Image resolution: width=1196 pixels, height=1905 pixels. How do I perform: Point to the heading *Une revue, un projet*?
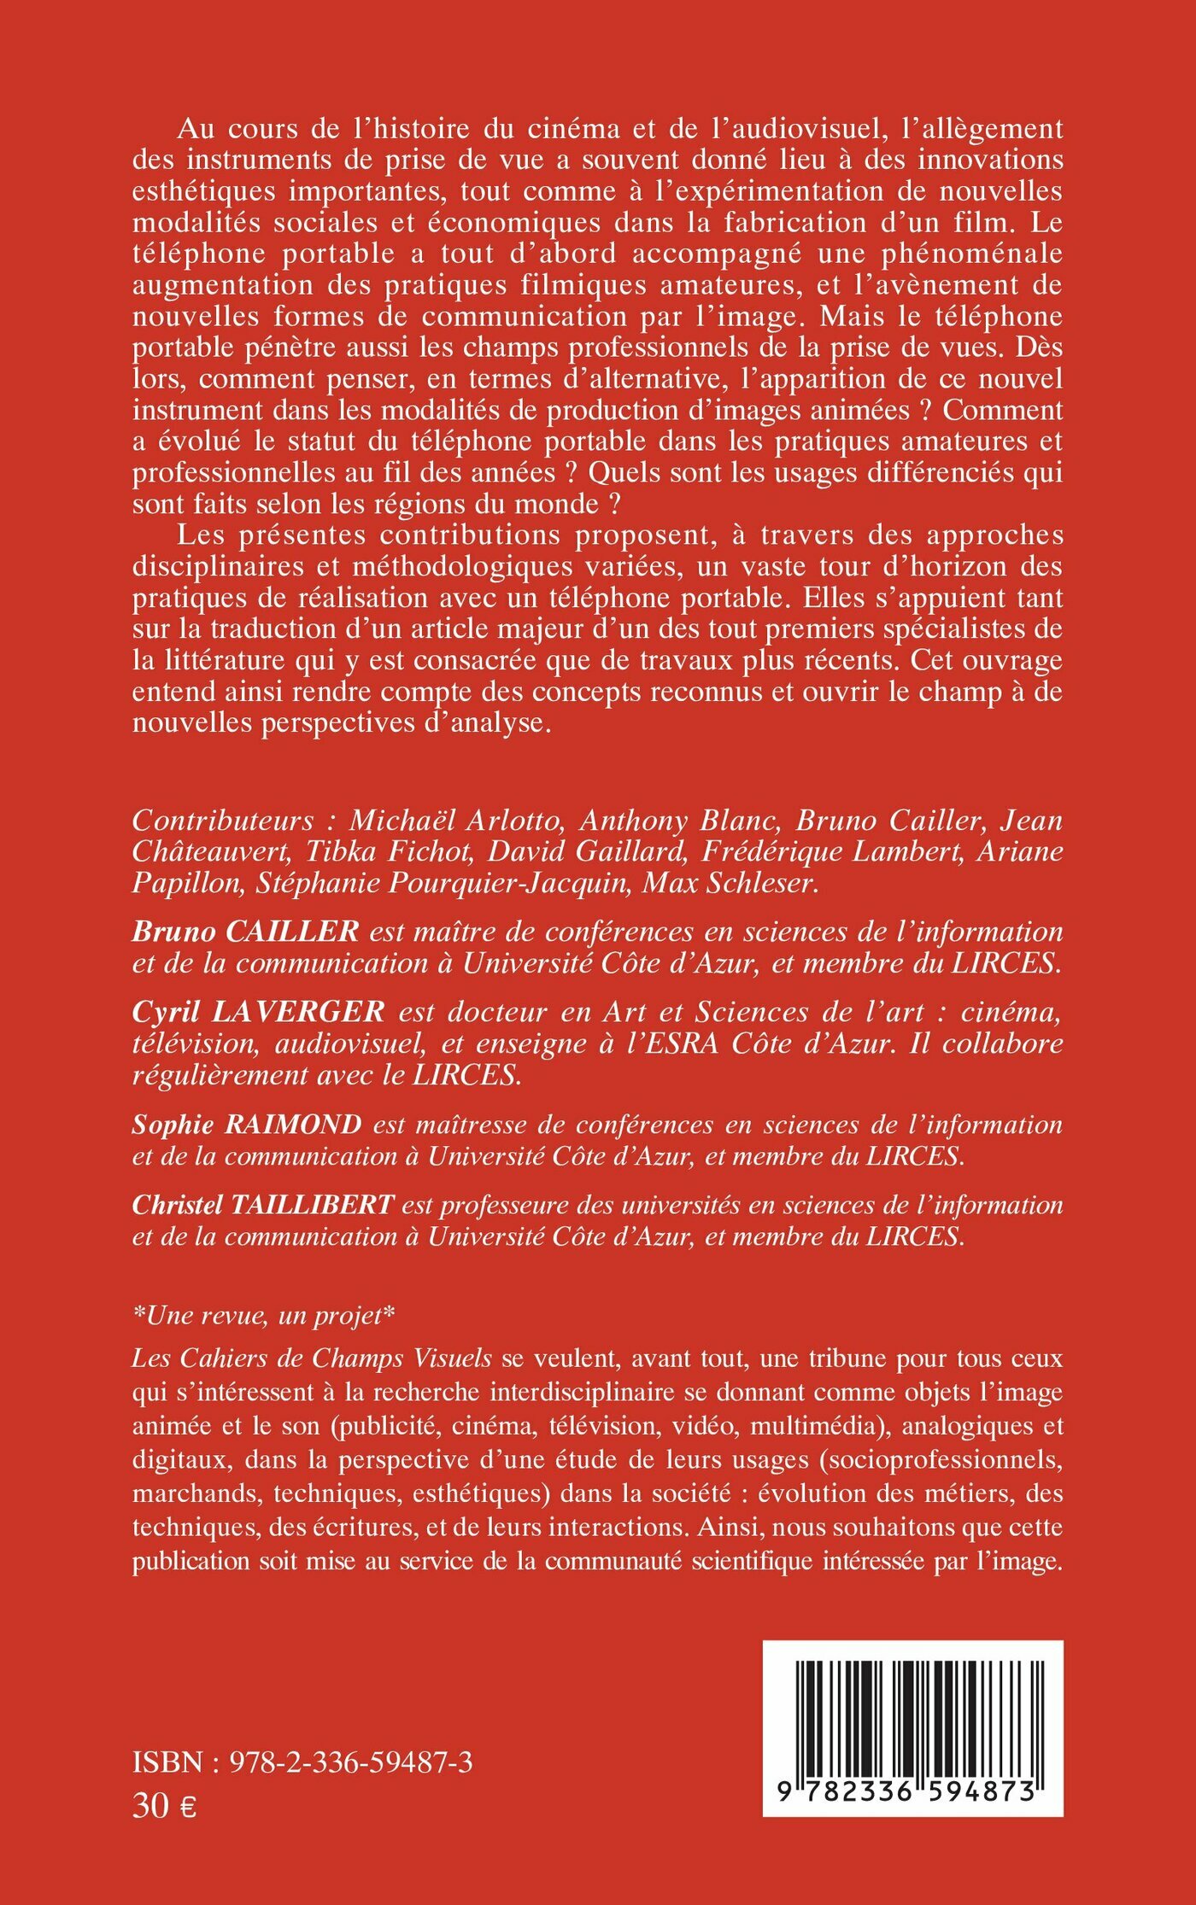pos(264,1315)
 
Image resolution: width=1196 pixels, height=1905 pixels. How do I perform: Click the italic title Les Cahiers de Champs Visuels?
pos(312,1358)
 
